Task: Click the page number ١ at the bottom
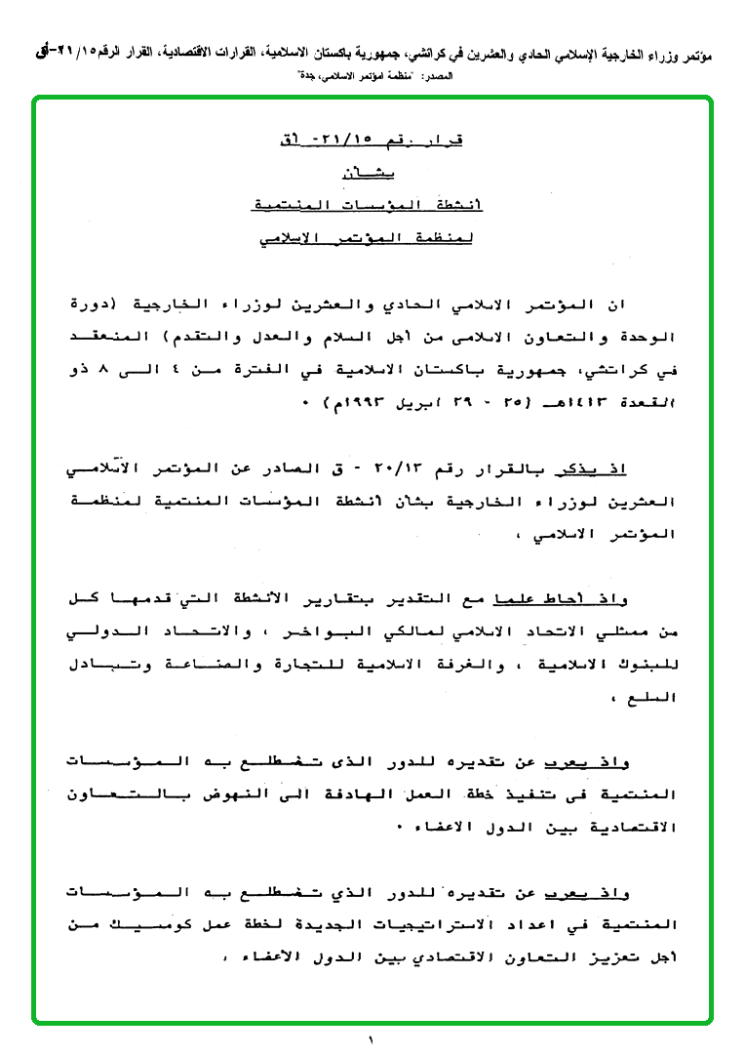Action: (372, 1040)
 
